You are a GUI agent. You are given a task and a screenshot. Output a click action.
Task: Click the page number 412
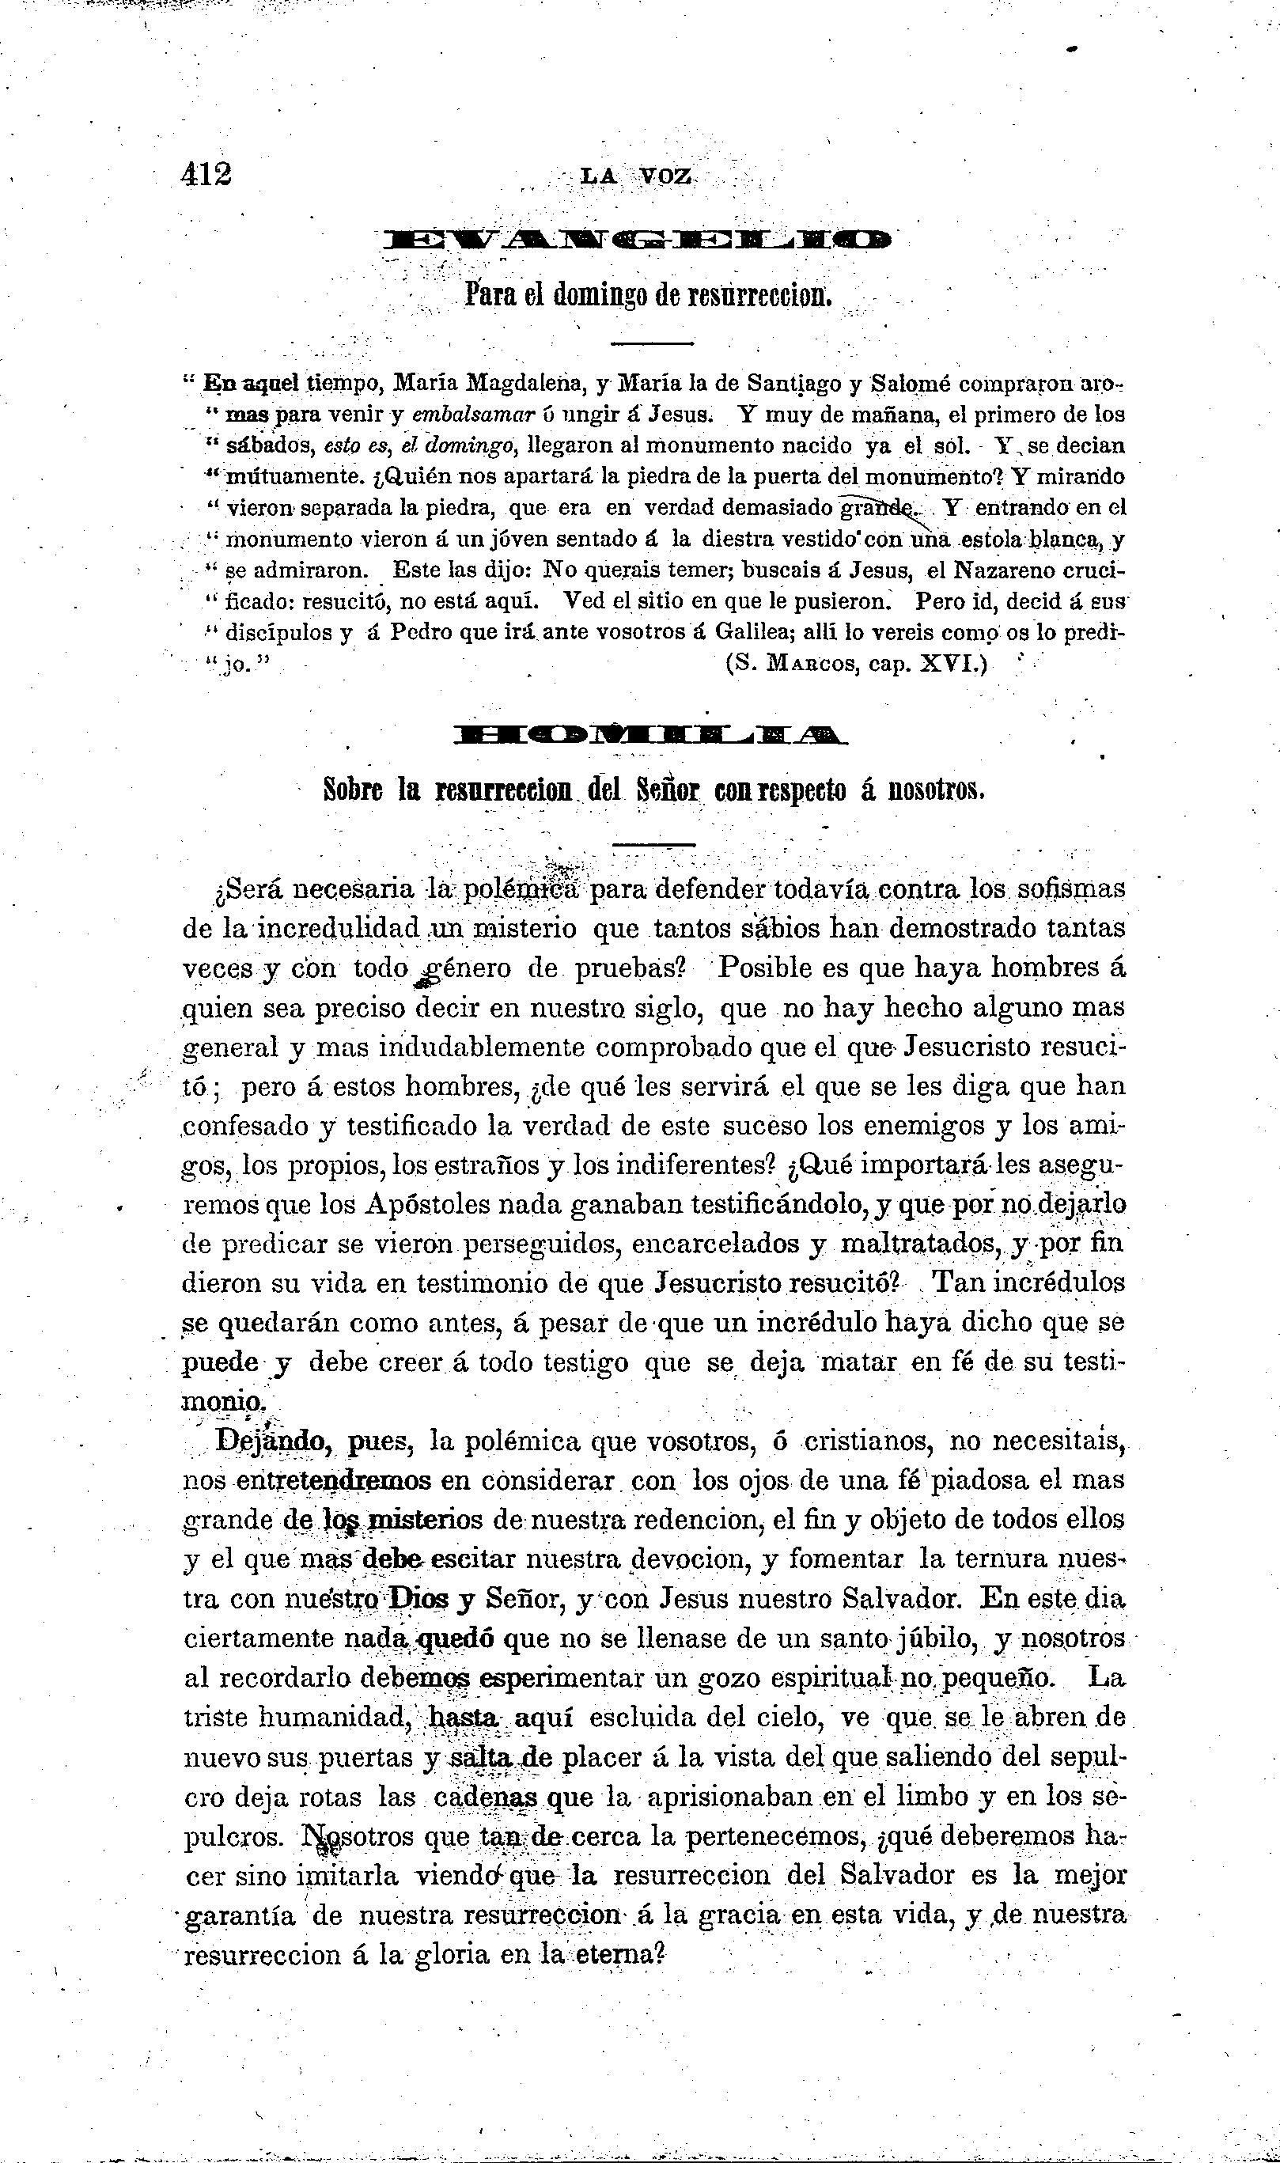[207, 174]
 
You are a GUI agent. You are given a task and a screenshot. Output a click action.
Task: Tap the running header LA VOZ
[637, 176]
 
